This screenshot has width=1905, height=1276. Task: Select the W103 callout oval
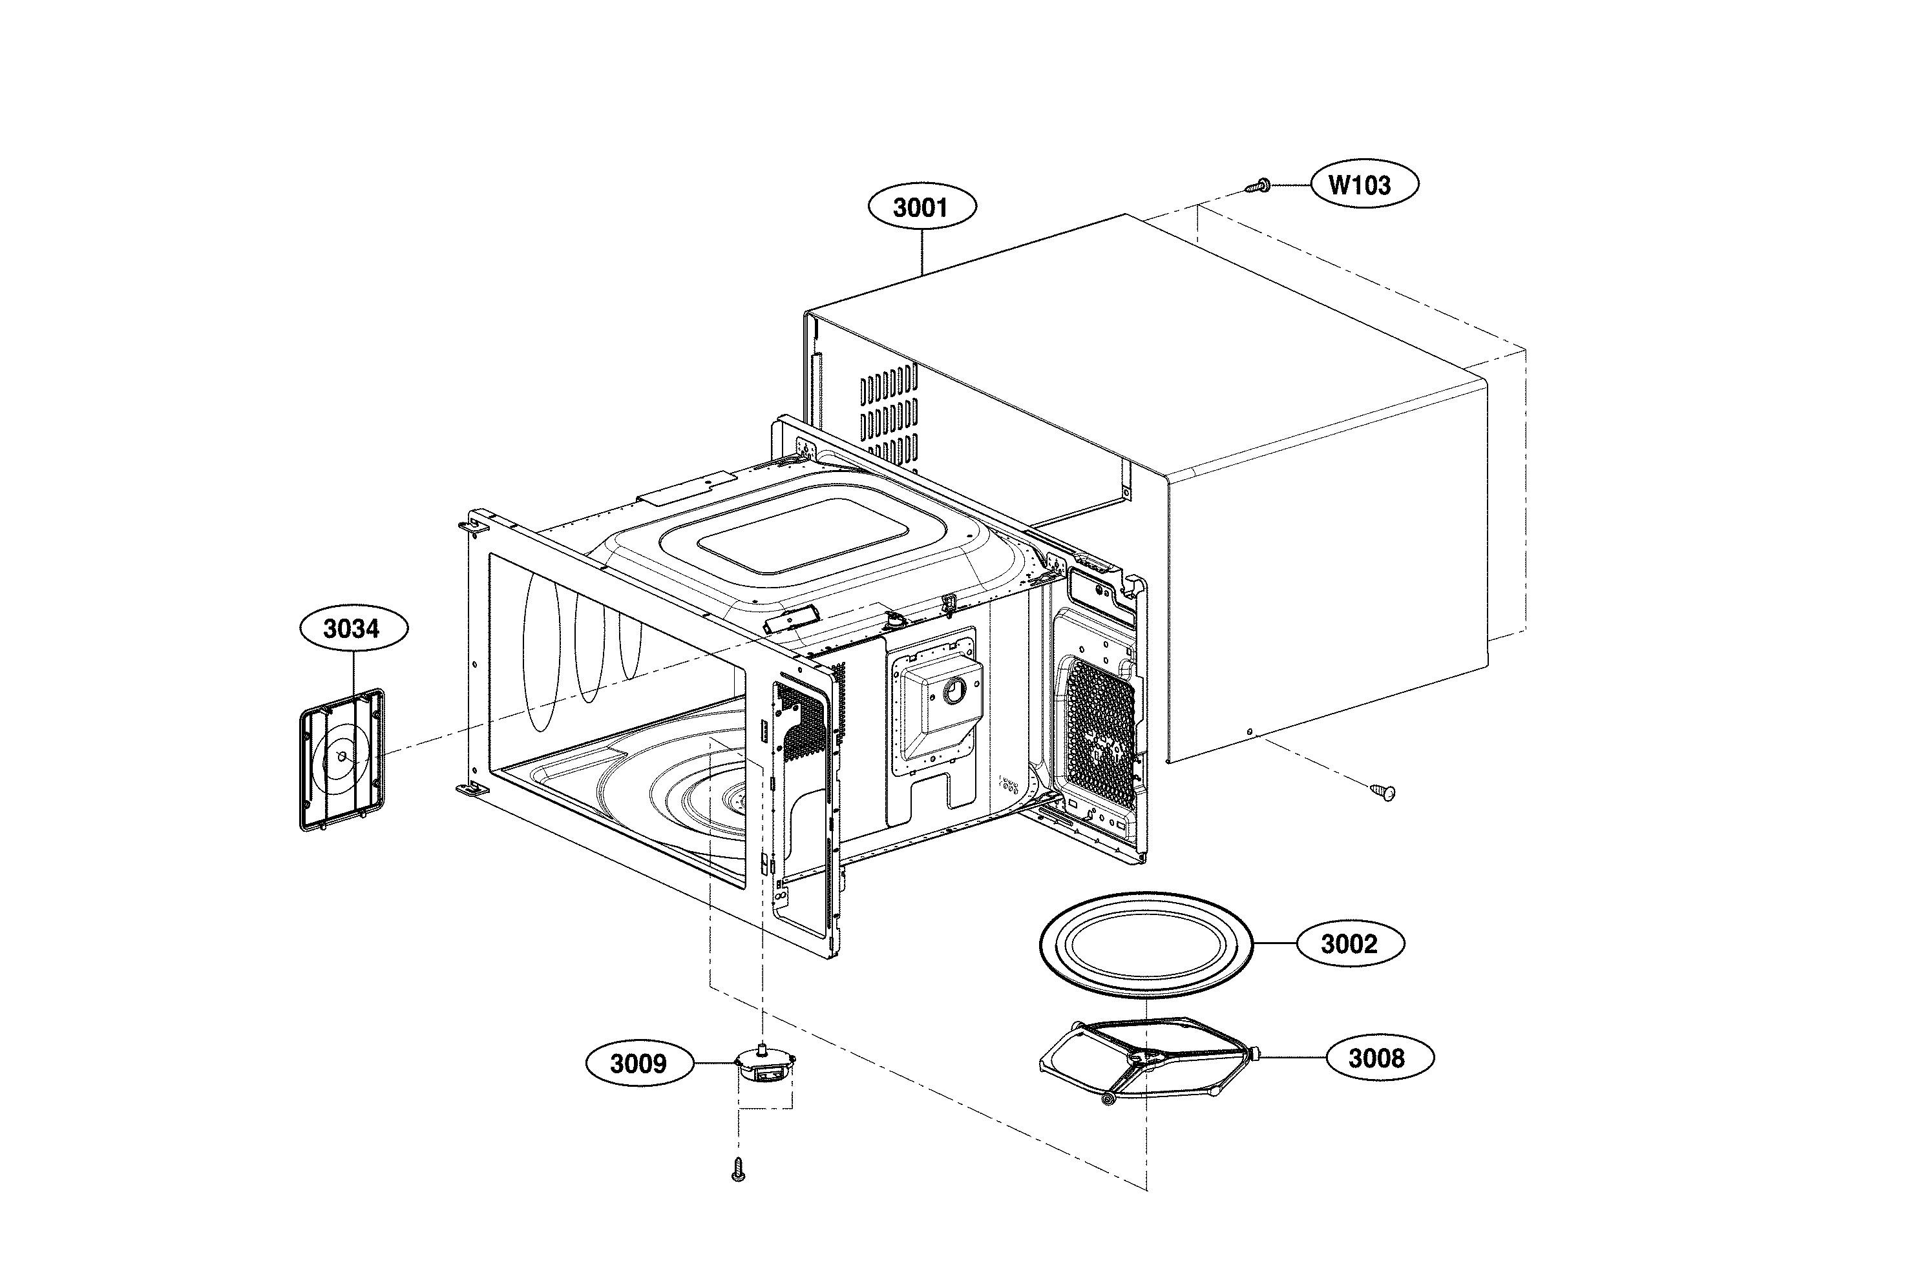(1363, 185)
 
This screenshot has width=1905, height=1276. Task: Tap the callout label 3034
(353, 628)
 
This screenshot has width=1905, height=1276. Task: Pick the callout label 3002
(1350, 944)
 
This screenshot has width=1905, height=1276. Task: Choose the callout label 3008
(1379, 1058)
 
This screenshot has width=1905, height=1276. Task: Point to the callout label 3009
(639, 1063)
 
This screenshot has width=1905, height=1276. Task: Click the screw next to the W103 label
(1258, 187)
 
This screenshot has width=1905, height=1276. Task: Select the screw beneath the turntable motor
(739, 1169)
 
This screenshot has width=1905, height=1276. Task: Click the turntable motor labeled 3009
(764, 1066)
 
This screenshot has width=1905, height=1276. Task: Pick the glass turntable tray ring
(1146, 945)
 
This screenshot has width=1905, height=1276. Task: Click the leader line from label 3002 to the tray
(1274, 944)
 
